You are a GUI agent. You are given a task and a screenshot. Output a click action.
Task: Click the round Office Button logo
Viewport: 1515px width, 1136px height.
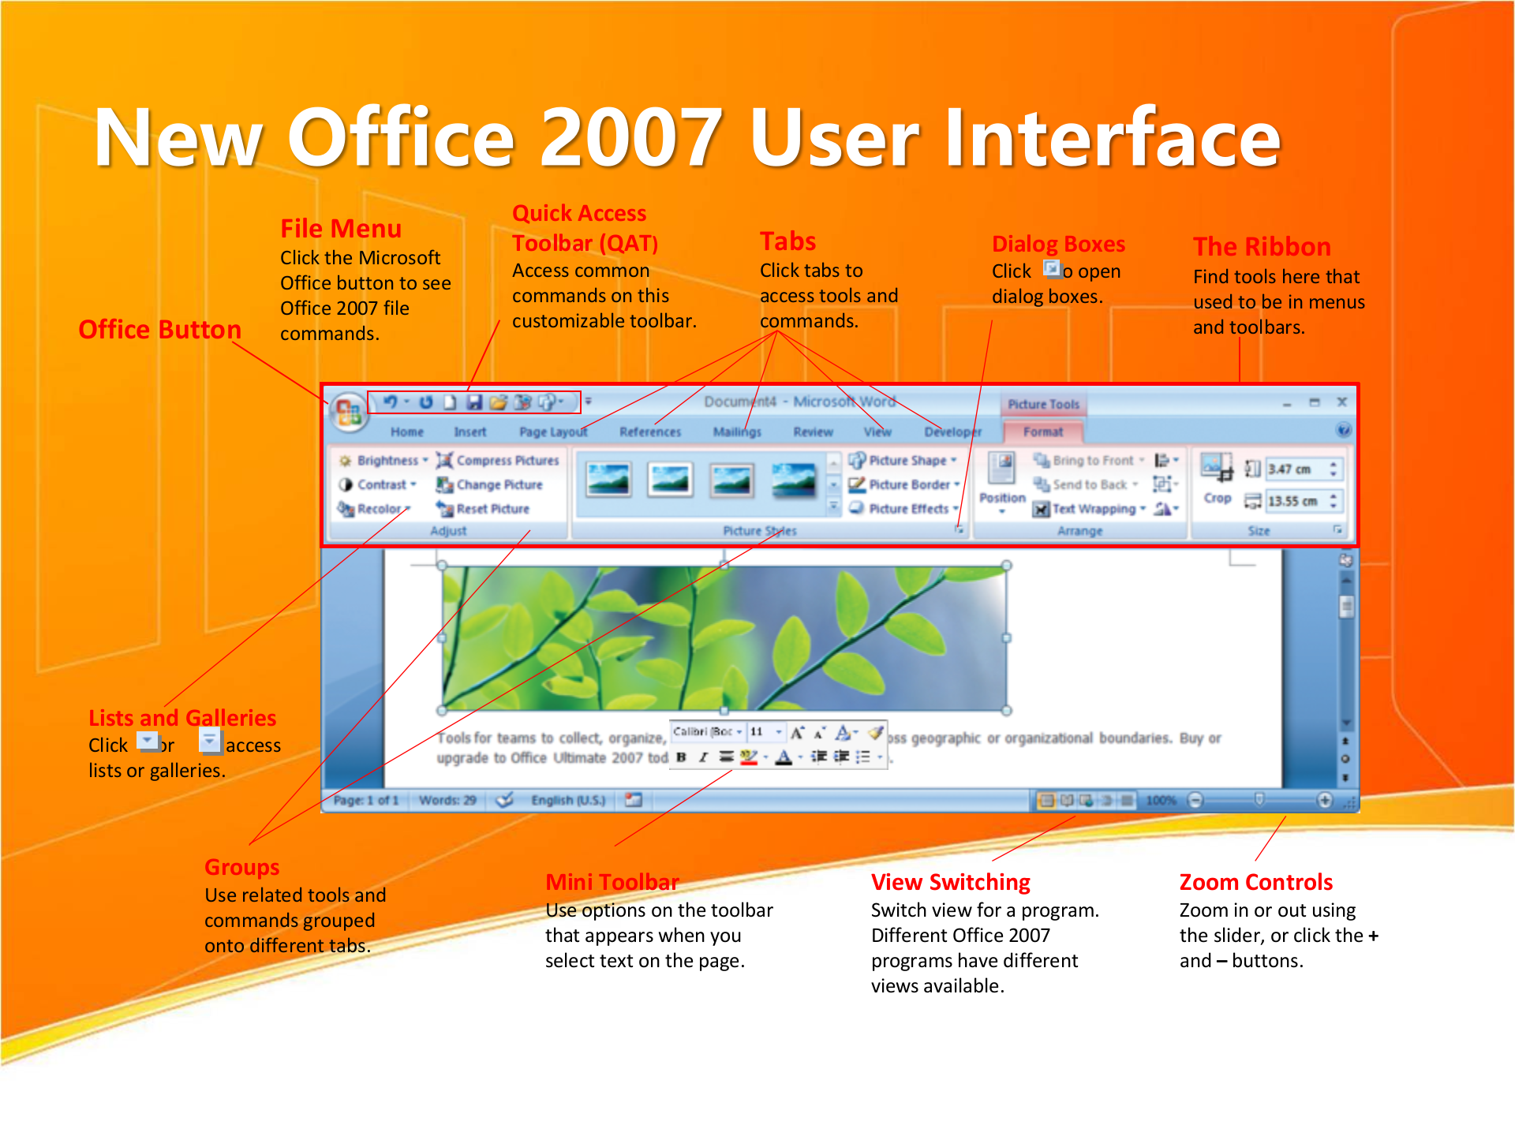click(x=348, y=411)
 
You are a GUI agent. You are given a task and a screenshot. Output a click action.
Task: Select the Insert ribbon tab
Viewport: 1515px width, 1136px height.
click(x=469, y=432)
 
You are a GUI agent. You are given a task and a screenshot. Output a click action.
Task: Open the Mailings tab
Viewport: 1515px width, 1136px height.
click(x=736, y=432)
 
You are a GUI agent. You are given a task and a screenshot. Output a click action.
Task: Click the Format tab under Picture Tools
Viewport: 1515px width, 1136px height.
click(x=1042, y=432)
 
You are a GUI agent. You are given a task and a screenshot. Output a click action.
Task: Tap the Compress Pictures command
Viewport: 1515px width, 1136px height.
click(x=498, y=461)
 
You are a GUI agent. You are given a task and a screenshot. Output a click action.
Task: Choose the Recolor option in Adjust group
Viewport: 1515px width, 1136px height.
click(x=376, y=510)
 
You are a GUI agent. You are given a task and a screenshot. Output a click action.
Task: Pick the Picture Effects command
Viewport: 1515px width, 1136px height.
click(x=906, y=510)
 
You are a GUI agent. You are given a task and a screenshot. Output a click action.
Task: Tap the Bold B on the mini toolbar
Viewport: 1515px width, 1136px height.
click(x=681, y=757)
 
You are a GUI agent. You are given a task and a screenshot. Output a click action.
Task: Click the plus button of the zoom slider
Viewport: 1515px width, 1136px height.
click(x=1325, y=800)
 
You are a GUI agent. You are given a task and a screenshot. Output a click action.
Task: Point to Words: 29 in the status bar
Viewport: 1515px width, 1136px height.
click(x=447, y=800)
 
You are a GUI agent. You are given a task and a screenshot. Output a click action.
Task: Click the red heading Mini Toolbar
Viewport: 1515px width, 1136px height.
click(x=612, y=882)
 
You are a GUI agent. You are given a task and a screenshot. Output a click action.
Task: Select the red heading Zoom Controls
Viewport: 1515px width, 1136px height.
click(x=1255, y=882)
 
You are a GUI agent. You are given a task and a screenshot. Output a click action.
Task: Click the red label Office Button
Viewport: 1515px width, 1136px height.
click(x=159, y=330)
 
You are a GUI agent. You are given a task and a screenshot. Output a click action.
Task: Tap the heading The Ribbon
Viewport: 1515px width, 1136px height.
click(x=1261, y=247)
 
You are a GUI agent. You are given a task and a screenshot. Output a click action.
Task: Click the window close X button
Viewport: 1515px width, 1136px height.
click(x=1341, y=402)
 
